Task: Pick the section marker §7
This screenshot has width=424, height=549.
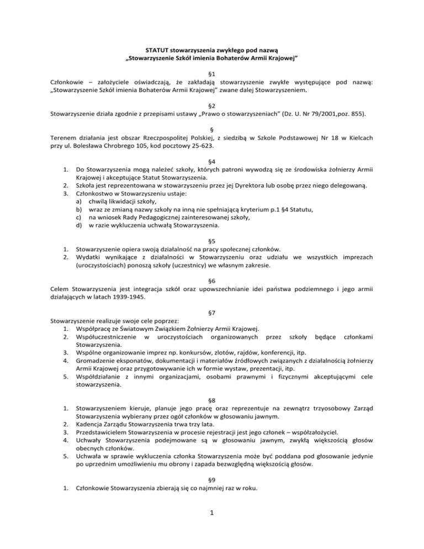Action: (212, 309)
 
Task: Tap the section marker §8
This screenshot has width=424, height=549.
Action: (212, 385)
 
